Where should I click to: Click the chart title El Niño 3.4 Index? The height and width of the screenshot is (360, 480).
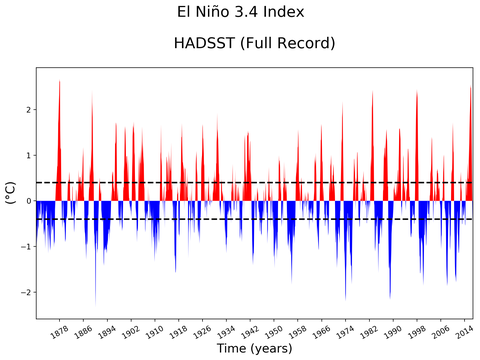click(239, 13)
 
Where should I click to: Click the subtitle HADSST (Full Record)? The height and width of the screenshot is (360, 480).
click(253, 44)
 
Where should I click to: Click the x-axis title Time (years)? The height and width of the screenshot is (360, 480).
click(253, 349)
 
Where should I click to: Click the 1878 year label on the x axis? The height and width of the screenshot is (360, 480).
click(59, 329)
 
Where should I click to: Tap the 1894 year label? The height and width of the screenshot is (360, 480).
click(107, 329)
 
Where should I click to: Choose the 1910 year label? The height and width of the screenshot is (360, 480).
click(155, 329)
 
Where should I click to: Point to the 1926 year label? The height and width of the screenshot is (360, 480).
click(203, 329)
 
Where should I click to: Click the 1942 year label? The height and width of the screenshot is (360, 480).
click(250, 329)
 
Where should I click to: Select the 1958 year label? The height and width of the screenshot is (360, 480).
click(298, 329)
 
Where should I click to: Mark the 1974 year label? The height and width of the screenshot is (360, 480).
click(346, 329)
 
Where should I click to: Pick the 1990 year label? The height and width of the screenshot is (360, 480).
click(394, 329)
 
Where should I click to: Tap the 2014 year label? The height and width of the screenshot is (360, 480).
click(465, 329)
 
